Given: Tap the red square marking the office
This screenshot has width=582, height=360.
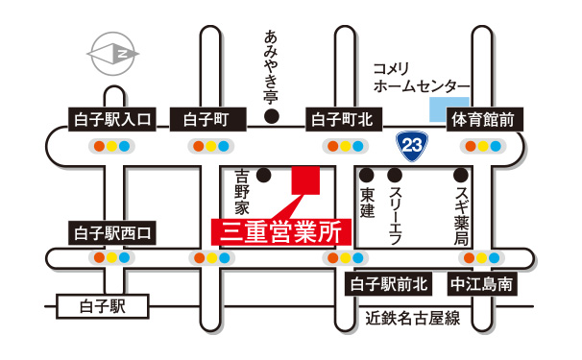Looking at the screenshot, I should point(305,180).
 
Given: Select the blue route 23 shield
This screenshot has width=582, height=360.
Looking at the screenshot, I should point(411,146).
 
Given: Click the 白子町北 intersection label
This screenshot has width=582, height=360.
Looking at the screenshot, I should point(346,120).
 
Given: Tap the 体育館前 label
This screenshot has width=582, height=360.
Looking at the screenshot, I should point(486,120).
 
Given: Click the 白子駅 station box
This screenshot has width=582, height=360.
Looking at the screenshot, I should point(103,307).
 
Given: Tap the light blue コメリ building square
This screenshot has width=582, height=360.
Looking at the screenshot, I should point(449,108).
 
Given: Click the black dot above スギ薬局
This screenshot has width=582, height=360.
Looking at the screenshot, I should point(461,175).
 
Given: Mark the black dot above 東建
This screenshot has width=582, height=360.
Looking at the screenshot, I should point(366,175).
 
